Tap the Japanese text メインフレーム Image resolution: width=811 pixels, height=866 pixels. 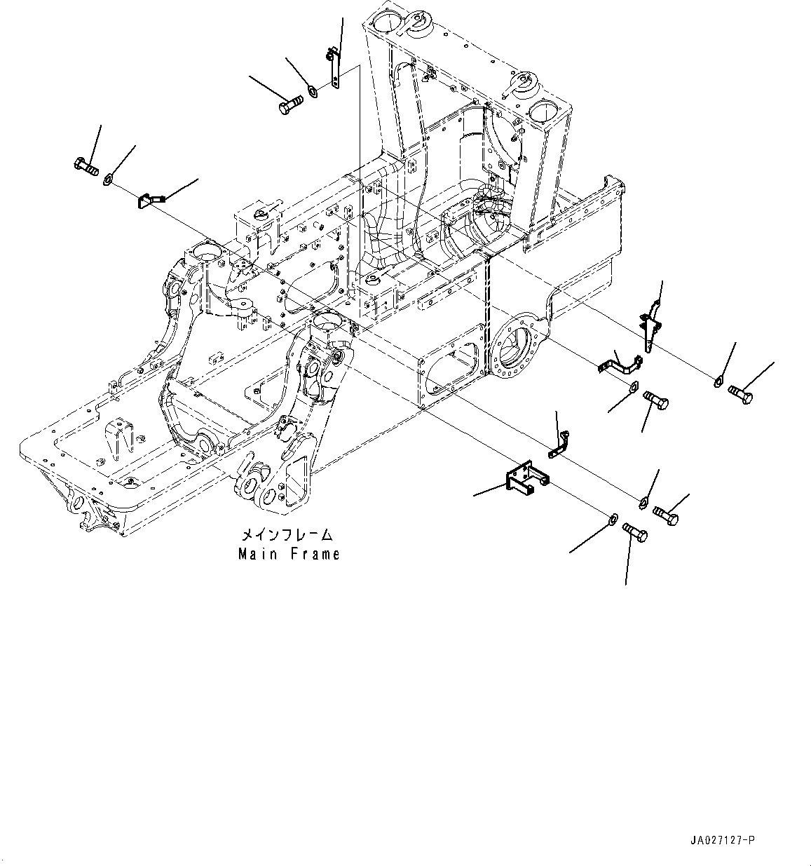coord(288,535)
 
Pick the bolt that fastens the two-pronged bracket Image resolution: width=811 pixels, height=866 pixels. coord(635,532)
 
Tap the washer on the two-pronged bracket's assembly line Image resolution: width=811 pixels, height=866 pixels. coord(612,518)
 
